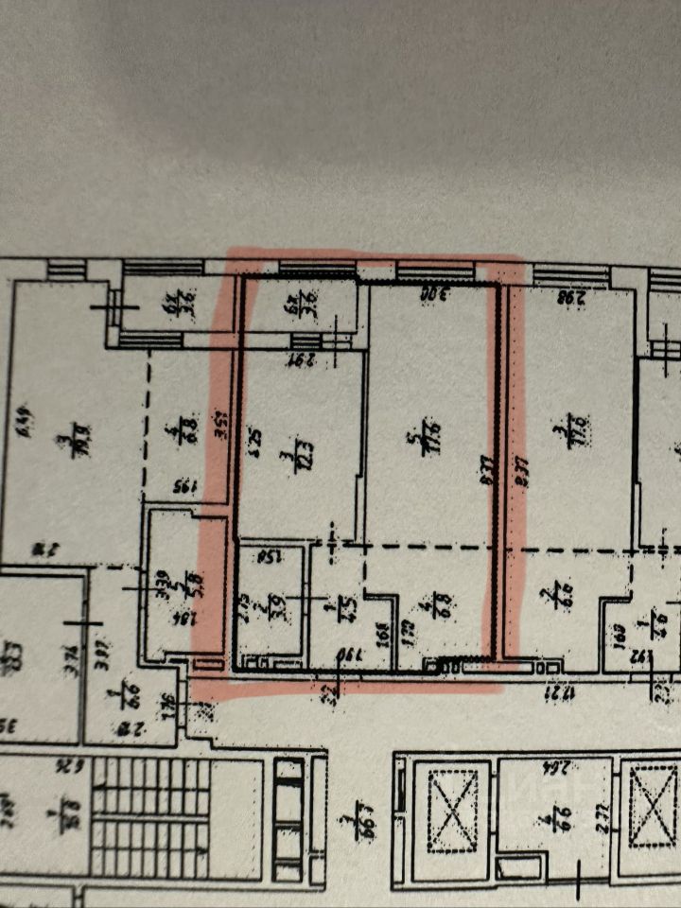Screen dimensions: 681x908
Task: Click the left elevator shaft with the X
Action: tap(458, 806)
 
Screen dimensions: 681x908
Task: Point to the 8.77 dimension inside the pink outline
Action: tap(485, 471)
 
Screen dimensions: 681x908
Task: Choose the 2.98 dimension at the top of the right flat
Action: tap(567, 297)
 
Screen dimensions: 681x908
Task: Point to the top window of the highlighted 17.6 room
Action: tap(435, 272)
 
